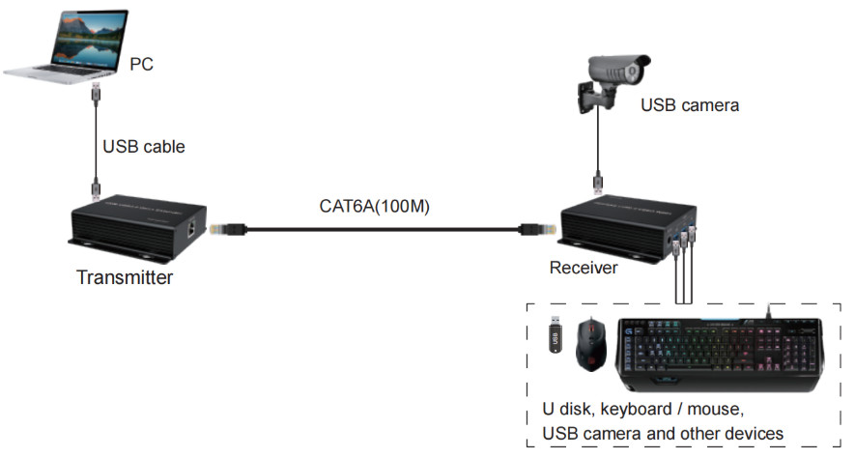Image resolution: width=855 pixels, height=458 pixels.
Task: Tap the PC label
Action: (141, 65)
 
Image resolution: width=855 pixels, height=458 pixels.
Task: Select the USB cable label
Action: (143, 147)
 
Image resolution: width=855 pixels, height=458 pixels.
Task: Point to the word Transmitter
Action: (125, 278)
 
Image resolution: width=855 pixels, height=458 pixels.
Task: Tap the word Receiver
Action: (583, 268)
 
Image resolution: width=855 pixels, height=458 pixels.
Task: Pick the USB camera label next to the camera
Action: (690, 104)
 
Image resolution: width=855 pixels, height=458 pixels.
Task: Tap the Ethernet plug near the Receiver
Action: (534, 229)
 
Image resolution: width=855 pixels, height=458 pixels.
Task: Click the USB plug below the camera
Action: (599, 180)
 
